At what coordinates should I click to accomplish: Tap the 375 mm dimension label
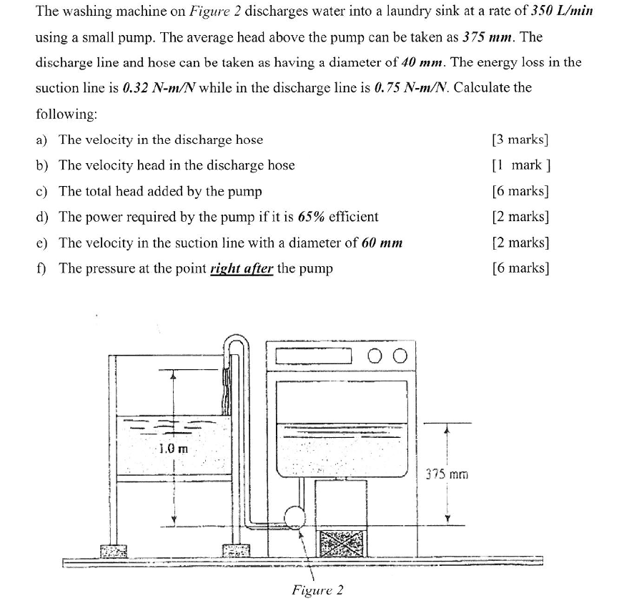coord(447,474)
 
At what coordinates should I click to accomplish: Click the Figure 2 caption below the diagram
coord(317,590)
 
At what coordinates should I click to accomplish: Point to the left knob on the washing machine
coord(377,356)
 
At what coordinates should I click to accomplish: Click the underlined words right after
coord(241,268)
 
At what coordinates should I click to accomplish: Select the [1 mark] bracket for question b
coord(521,165)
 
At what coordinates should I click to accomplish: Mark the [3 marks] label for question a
coord(521,140)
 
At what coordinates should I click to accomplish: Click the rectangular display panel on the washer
coord(315,356)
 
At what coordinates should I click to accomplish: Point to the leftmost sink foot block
coord(113,552)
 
